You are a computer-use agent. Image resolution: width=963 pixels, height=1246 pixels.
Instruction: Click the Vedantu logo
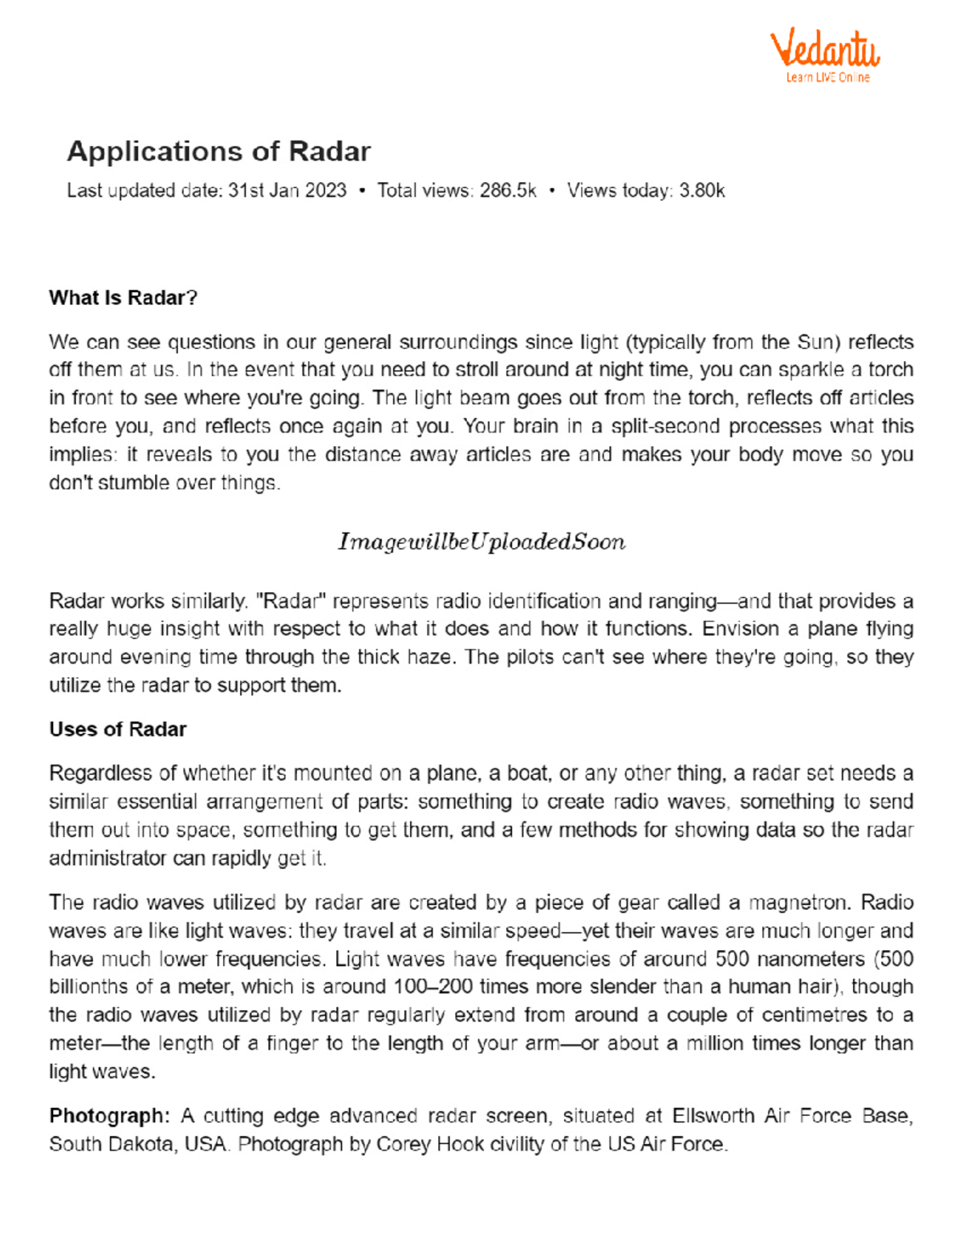(825, 50)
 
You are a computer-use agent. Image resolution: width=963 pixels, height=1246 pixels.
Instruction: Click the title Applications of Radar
(218, 152)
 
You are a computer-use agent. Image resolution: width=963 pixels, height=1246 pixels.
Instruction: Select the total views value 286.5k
(507, 191)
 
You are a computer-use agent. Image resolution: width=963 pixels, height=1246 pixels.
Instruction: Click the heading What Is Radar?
(123, 298)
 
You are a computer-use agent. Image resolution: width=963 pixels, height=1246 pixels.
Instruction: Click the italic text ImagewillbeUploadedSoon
(481, 542)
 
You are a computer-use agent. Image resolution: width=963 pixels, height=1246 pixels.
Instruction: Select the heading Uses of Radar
(117, 729)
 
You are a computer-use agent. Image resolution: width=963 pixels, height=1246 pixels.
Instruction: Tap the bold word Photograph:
(109, 1116)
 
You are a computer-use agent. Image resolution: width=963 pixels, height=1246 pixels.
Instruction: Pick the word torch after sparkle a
(891, 370)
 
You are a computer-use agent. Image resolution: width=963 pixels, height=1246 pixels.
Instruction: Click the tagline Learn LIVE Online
(827, 78)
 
